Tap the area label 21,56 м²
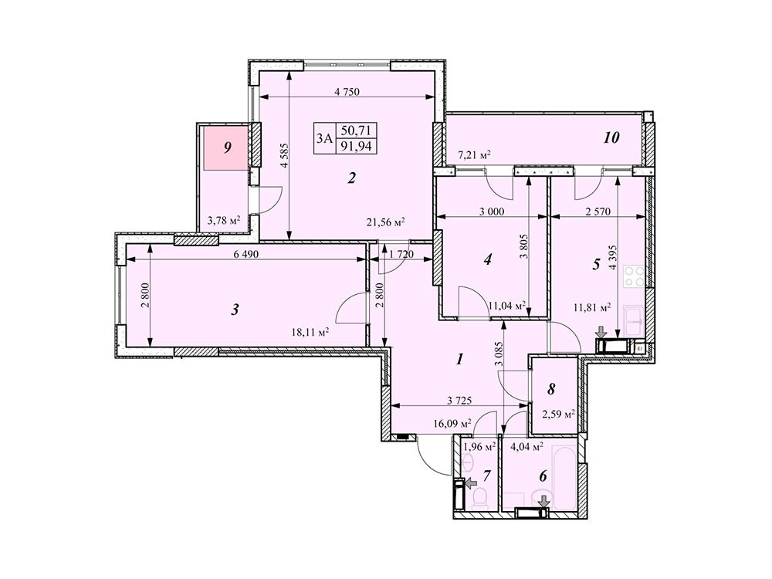(386, 222)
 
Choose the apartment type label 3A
(324, 139)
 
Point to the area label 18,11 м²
(310, 333)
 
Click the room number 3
(235, 310)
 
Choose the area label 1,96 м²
(479, 445)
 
